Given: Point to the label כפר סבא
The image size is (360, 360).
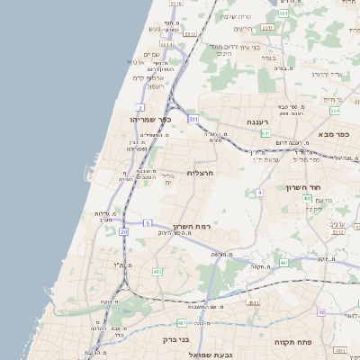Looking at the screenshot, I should tap(334, 133).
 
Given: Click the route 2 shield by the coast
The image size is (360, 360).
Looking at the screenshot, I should tap(141, 107).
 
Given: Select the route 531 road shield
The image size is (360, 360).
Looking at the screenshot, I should tap(193, 118).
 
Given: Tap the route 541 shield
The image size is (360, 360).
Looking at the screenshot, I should tap(265, 133).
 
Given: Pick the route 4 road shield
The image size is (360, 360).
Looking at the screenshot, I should tap(259, 193).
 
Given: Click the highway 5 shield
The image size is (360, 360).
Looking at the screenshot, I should tap(147, 222).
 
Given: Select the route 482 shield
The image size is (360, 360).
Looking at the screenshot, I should tap(157, 271).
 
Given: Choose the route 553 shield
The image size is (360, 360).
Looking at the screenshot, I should tap(283, 13).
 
